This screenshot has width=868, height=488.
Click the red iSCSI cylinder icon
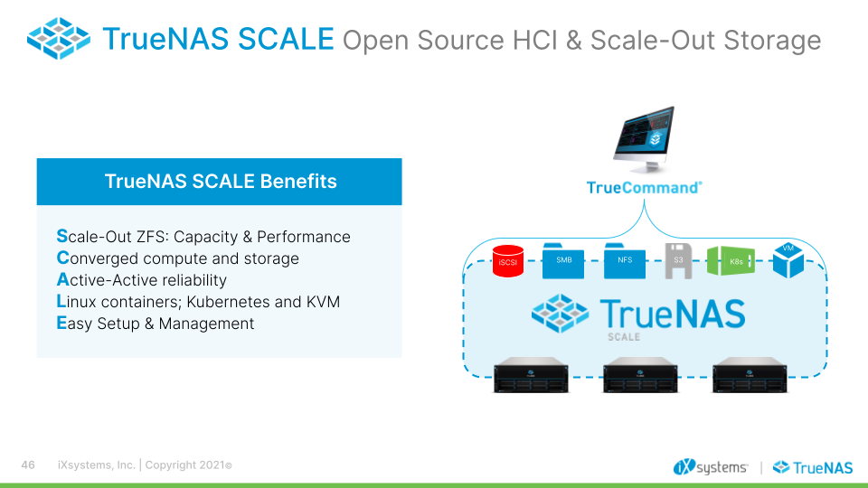click(507, 261)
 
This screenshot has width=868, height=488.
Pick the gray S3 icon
click(678, 260)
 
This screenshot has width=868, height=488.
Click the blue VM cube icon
click(788, 260)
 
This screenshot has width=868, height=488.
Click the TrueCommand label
click(644, 188)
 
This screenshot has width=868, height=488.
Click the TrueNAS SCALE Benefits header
click(220, 181)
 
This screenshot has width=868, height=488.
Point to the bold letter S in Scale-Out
click(61, 237)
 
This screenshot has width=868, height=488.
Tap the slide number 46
click(28, 465)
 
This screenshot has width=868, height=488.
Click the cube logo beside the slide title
click(59, 39)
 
